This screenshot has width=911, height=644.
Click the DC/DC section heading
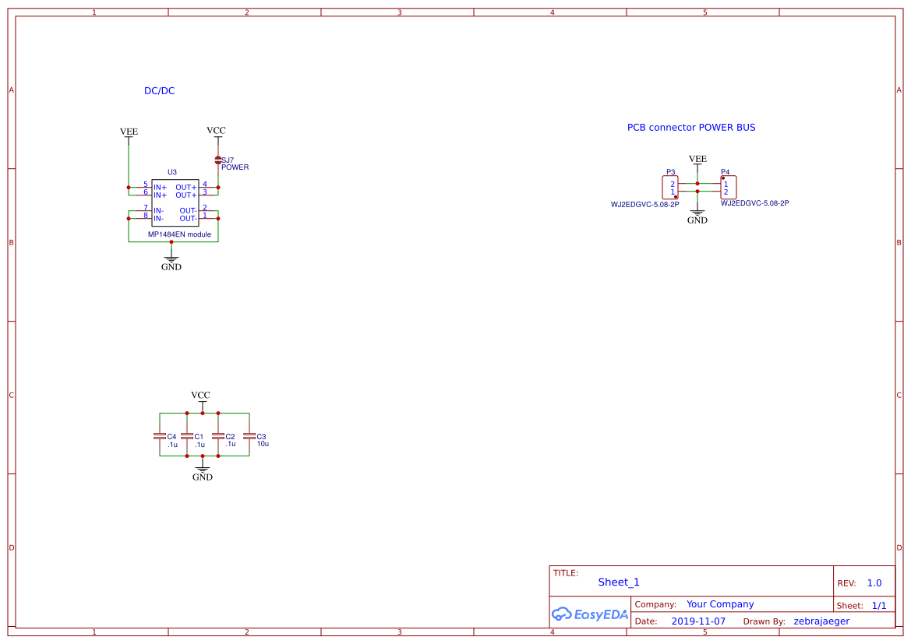click(x=159, y=91)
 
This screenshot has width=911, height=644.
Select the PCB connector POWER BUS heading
click(x=690, y=128)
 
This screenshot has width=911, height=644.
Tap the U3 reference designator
click(x=172, y=172)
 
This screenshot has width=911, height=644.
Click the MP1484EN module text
click(x=179, y=234)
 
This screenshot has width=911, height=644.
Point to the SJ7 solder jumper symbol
click(x=218, y=160)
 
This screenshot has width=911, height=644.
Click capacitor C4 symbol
click(x=160, y=436)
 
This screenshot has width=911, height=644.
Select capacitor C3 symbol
click(x=249, y=436)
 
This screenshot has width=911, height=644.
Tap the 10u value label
click(x=263, y=444)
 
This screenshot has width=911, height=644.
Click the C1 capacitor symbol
click(x=187, y=436)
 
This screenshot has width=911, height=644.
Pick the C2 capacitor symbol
click(x=218, y=436)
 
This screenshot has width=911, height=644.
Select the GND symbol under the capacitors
click(x=203, y=471)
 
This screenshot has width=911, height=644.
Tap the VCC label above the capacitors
click(x=200, y=396)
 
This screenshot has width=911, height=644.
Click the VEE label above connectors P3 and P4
click(x=697, y=159)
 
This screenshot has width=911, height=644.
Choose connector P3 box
click(x=670, y=188)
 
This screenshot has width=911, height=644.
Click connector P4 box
click(x=728, y=188)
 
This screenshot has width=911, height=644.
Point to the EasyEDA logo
click(x=590, y=614)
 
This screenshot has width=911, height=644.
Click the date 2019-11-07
click(x=698, y=621)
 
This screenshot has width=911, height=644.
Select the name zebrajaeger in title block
click(x=821, y=621)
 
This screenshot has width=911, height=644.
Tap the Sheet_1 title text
click(x=619, y=582)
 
